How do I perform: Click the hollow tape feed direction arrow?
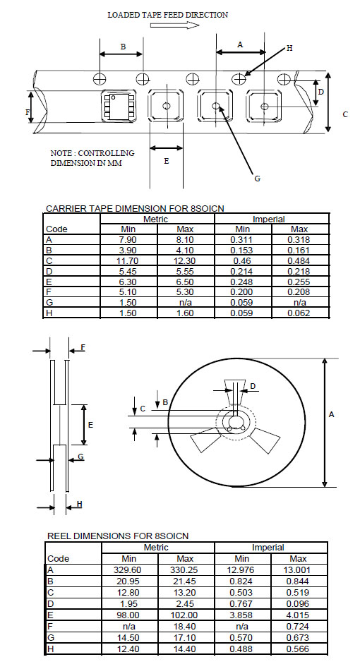(x=175, y=25)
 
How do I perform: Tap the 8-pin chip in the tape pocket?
(x=118, y=106)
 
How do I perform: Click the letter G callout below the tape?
(x=257, y=179)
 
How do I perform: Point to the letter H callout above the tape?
(x=289, y=48)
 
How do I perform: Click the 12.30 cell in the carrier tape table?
(x=185, y=260)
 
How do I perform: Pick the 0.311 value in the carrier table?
(x=242, y=240)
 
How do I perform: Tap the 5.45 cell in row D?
(x=128, y=272)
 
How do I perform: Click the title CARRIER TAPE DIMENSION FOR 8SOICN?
(x=135, y=209)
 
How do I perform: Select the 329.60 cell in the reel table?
(x=128, y=570)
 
